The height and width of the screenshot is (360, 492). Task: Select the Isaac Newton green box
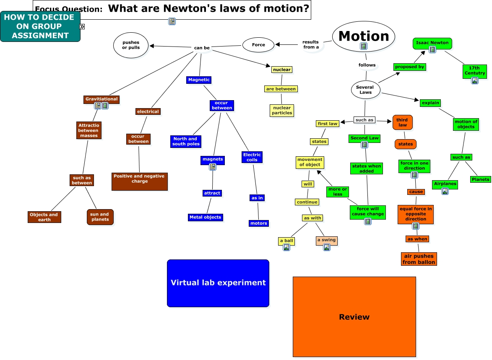pos(432,43)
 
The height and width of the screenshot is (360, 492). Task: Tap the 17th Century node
pos(474,71)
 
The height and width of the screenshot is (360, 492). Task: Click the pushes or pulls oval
pos(131,45)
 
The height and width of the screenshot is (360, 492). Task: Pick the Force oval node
pos(258,45)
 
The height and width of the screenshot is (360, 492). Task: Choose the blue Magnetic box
pos(199,80)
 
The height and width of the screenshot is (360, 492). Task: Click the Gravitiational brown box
pos(102,99)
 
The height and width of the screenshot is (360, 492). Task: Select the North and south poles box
pos(185,141)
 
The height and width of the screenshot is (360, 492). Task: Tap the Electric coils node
pos(252,157)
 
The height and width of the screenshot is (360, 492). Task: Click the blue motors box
pos(258,223)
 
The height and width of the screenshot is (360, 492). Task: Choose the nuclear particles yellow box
pos(281,110)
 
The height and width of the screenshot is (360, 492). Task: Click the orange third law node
pos(402,122)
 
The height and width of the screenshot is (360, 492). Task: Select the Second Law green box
pos(364,138)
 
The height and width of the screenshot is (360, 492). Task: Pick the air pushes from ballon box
pos(418,259)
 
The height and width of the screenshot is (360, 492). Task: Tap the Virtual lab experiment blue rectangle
pos(218,283)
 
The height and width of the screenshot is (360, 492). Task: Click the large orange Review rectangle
pos(354,316)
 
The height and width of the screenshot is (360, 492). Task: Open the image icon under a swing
pos(327,247)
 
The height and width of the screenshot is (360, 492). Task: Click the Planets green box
pos(480,179)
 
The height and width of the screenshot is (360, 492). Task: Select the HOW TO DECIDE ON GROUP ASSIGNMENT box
pos(40,26)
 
